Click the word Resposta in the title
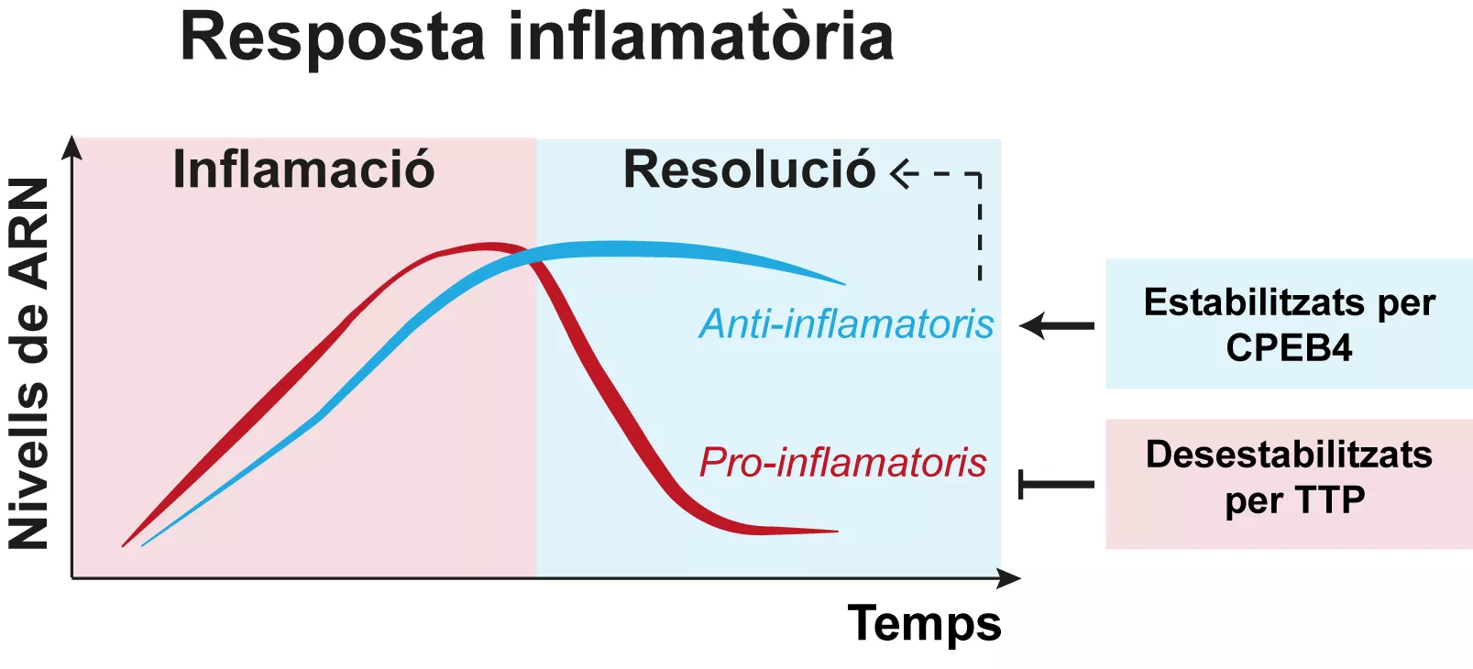point(331,38)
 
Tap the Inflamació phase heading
point(303,170)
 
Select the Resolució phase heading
point(749,170)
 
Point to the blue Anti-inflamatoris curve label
point(846,324)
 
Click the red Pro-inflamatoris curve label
point(842,462)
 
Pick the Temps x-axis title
point(924,624)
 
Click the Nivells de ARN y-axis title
point(29,364)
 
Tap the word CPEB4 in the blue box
point(1289,348)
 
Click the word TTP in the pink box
point(1329,500)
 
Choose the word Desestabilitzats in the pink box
point(1289,455)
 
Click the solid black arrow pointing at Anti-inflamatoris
point(1056,325)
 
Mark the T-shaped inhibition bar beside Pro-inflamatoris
point(1055,484)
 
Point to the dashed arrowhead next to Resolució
point(902,173)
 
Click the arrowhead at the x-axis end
point(1010,578)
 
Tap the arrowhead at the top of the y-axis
point(71,147)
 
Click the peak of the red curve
point(490,246)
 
